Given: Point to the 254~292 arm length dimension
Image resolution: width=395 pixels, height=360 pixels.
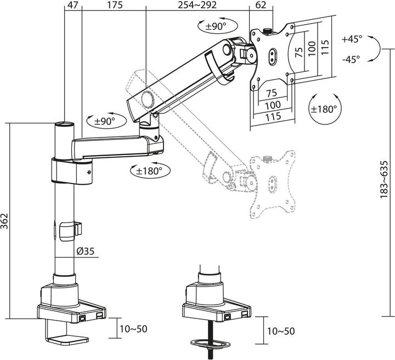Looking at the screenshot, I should coord(198,5).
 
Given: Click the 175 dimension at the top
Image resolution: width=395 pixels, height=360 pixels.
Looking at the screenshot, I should coord(114,5).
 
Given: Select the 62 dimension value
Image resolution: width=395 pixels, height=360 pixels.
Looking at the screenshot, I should coord(261,5).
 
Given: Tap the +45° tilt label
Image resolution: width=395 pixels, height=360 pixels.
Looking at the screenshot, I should coord(351,39).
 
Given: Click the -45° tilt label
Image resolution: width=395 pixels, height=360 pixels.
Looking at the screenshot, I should coord(351,59).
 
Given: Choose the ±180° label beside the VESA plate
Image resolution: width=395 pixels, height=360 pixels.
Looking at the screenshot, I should coord(324,109).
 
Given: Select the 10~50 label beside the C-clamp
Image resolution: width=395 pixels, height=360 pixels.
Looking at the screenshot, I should coord(133,329).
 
